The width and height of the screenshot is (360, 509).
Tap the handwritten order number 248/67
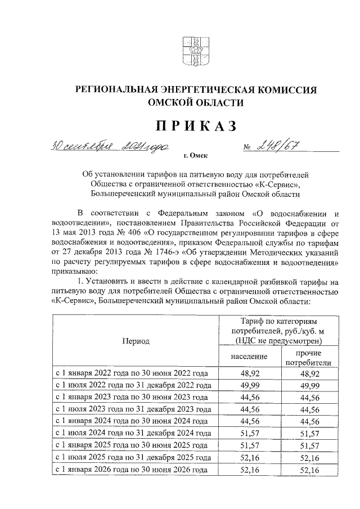(278, 148)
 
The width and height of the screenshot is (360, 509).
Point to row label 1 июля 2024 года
(132, 433)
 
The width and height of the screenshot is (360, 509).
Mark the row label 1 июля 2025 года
(132, 457)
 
